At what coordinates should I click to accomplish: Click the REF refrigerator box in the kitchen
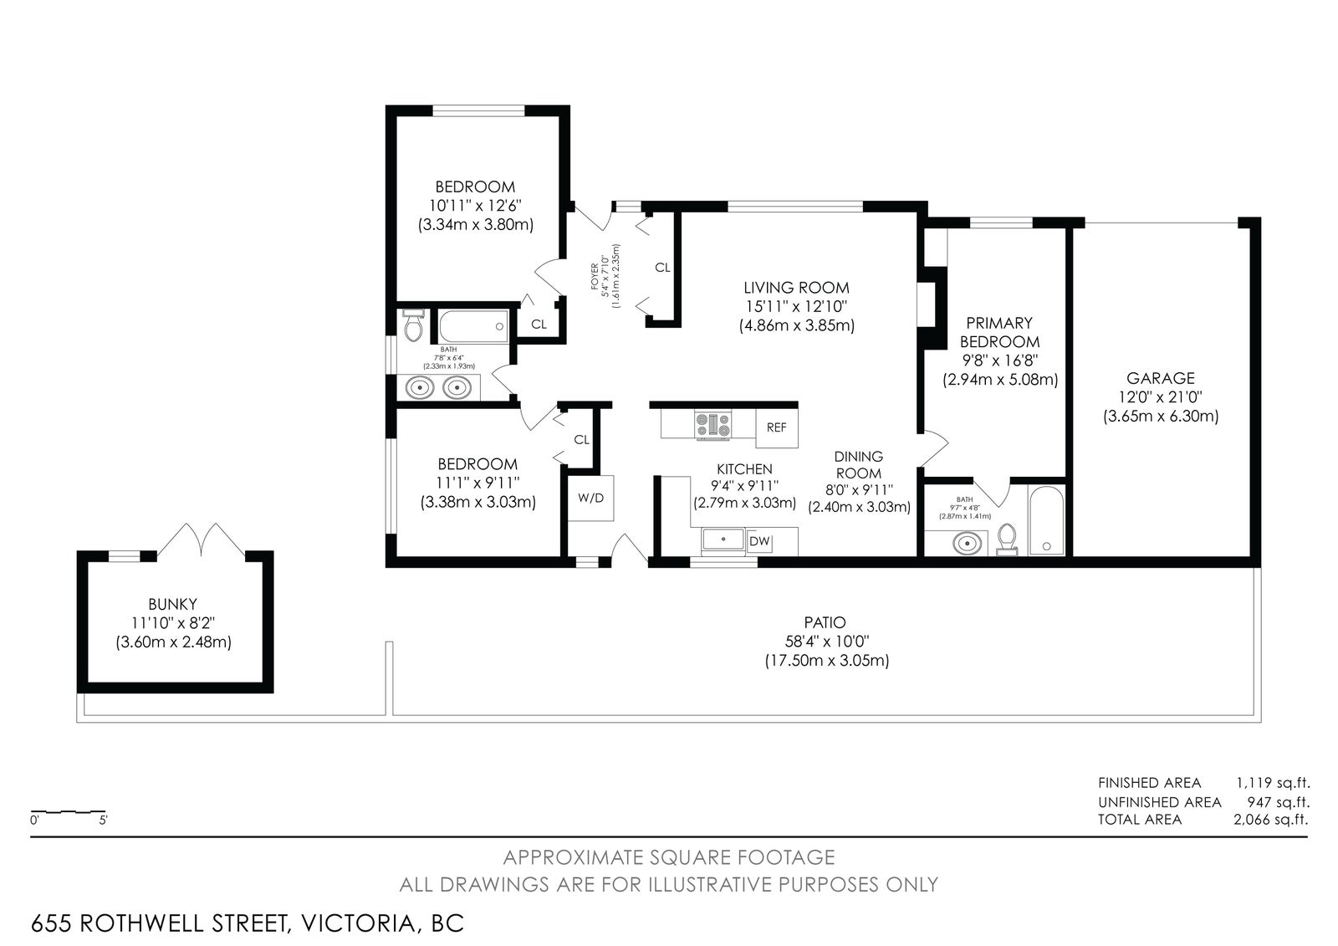tap(777, 428)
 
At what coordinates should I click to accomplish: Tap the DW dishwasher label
tap(759, 541)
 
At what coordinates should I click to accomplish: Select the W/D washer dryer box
tap(590, 498)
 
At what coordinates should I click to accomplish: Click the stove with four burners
tap(712, 425)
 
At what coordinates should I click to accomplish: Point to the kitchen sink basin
tap(723, 539)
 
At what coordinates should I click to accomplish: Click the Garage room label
tap(1161, 378)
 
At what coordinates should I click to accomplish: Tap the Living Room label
tap(796, 288)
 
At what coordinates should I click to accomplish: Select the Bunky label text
tap(172, 604)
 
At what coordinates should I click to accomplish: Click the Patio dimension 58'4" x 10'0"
tap(827, 642)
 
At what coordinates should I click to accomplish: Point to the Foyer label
tap(595, 276)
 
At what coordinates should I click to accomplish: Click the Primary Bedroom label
tap(999, 332)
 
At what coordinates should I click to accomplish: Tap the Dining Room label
tap(858, 465)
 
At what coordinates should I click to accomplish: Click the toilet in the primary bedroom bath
tap(1007, 539)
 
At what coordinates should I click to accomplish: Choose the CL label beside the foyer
tap(662, 268)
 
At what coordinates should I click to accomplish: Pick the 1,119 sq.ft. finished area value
tap(1273, 783)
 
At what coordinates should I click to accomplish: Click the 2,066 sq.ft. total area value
tap(1271, 820)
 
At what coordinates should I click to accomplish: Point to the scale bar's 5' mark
tap(104, 821)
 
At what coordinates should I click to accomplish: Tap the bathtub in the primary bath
tap(1046, 520)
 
